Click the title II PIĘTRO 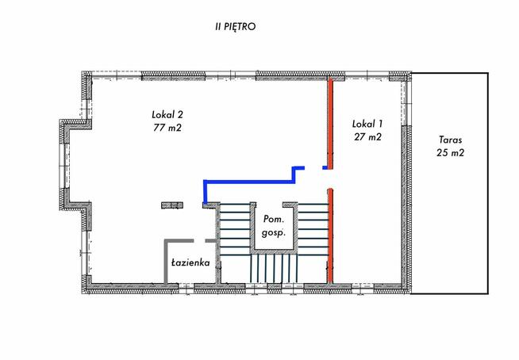tap(236, 27)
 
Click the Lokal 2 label tap(167, 115)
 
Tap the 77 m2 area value tap(167, 128)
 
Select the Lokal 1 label tap(367, 124)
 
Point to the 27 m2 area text tap(367, 136)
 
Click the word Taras tap(450, 140)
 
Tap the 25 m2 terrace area tap(450, 152)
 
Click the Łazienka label tap(190, 262)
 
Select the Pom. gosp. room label tap(274, 226)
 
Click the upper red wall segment tap(330, 123)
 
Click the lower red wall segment tap(330, 236)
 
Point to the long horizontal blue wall tap(249, 182)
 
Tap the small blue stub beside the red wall tap(325, 168)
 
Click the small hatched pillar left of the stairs tap(172, 205)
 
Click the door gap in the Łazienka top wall tap(199, 241)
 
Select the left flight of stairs tap(235, 229)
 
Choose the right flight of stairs tap(313, 229)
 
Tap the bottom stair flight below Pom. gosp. tap(274, 268)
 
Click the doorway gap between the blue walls tap(313, 168)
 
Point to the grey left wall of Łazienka tap(166, 262)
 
